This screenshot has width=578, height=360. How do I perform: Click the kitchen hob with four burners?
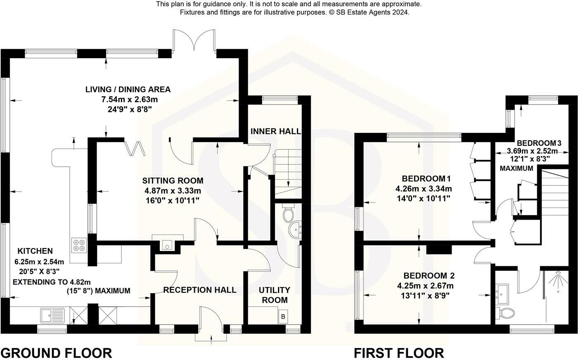coord(79,245)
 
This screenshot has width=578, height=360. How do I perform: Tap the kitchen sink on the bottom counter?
coord(52,315)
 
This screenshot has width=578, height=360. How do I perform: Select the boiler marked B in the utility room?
coord(283,317)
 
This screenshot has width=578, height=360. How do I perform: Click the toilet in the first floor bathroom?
coord(506,313)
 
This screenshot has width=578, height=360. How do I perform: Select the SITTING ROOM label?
coord(173,180)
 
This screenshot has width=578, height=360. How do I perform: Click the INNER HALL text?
coord(275,131)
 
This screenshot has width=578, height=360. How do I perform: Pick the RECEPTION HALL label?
coord(200,290)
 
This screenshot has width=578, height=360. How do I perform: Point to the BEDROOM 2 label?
coord(429,275)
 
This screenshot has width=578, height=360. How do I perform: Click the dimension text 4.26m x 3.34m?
coord(424,189)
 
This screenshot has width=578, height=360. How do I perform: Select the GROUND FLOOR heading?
coord(56,353)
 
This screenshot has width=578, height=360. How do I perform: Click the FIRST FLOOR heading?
coord(399,353)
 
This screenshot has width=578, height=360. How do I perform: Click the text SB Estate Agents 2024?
coord(374,12)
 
